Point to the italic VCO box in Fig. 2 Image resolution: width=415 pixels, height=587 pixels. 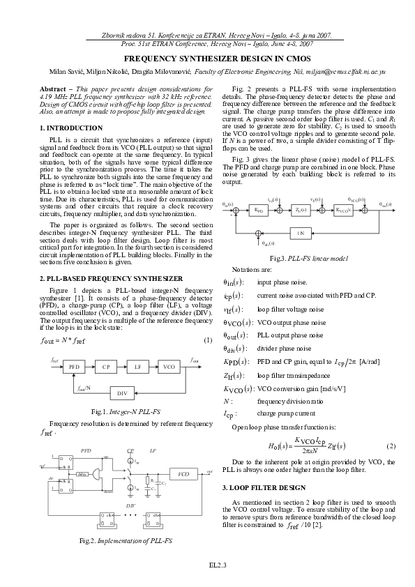point(183,474)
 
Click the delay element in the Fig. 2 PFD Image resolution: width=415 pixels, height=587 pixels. point(82,473)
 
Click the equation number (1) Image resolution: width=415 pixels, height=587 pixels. point(207,340)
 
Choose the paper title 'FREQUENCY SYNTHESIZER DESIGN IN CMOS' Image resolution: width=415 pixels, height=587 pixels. point(207,60)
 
